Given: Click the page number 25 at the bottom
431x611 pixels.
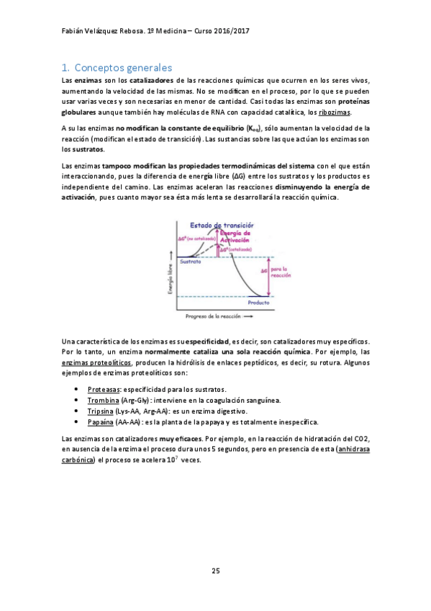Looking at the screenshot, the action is (215, 571).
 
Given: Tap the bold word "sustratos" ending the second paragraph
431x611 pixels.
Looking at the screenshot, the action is (83, 150).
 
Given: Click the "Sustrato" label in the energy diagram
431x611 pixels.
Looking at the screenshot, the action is (191, 262).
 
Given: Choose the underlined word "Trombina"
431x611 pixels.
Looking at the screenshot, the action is (103, 400).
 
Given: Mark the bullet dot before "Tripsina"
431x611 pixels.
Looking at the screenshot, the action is (76, 411).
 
